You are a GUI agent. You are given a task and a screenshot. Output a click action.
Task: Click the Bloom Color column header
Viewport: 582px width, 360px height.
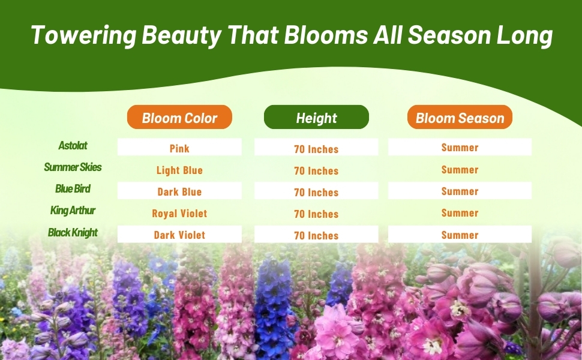(x=179, y=117)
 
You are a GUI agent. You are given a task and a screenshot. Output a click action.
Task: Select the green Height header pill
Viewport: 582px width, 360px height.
(x=316, y=117)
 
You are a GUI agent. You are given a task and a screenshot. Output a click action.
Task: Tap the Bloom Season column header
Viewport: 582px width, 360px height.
(x=460, y=117)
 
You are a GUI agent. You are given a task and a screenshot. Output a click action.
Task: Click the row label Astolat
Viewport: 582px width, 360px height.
(x=73, y=145)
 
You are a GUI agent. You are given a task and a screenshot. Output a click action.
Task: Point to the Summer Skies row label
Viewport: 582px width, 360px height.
(x=73, y=167)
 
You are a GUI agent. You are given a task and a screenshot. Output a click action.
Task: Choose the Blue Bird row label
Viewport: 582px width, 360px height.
(x=73, y=189)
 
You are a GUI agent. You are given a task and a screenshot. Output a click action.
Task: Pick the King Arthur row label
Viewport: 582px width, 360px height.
(x=73, y=211)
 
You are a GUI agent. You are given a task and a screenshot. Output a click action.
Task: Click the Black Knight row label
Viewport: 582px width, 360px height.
(x=73, y=233)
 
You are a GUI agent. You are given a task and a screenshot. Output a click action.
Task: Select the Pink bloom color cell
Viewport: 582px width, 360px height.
(x=179, y=147)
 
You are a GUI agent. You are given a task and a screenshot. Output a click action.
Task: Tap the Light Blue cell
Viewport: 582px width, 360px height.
(x=179, y=170)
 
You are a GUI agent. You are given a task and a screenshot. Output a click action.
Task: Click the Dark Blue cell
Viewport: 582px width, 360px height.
(x=179, y=190)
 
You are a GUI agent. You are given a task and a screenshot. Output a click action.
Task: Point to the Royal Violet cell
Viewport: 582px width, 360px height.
(x=179, y=214)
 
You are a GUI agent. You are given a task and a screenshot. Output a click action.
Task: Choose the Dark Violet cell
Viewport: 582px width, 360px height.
(x=179, y=234)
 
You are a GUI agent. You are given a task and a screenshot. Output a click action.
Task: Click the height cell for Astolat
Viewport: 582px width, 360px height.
(x=316, y=147)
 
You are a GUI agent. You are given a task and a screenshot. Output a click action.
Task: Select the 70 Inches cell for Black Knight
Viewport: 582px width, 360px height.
(x=316, y=234)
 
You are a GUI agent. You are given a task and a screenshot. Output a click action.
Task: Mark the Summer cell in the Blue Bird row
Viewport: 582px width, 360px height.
(x=460, y=190)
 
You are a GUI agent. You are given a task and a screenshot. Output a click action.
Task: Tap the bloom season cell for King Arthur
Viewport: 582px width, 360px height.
(x=460, y=213)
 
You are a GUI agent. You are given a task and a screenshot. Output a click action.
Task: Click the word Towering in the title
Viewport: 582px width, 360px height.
(x=84, y=35)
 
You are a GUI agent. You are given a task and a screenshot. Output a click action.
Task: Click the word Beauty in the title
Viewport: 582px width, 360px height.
(x=182, y=36)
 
